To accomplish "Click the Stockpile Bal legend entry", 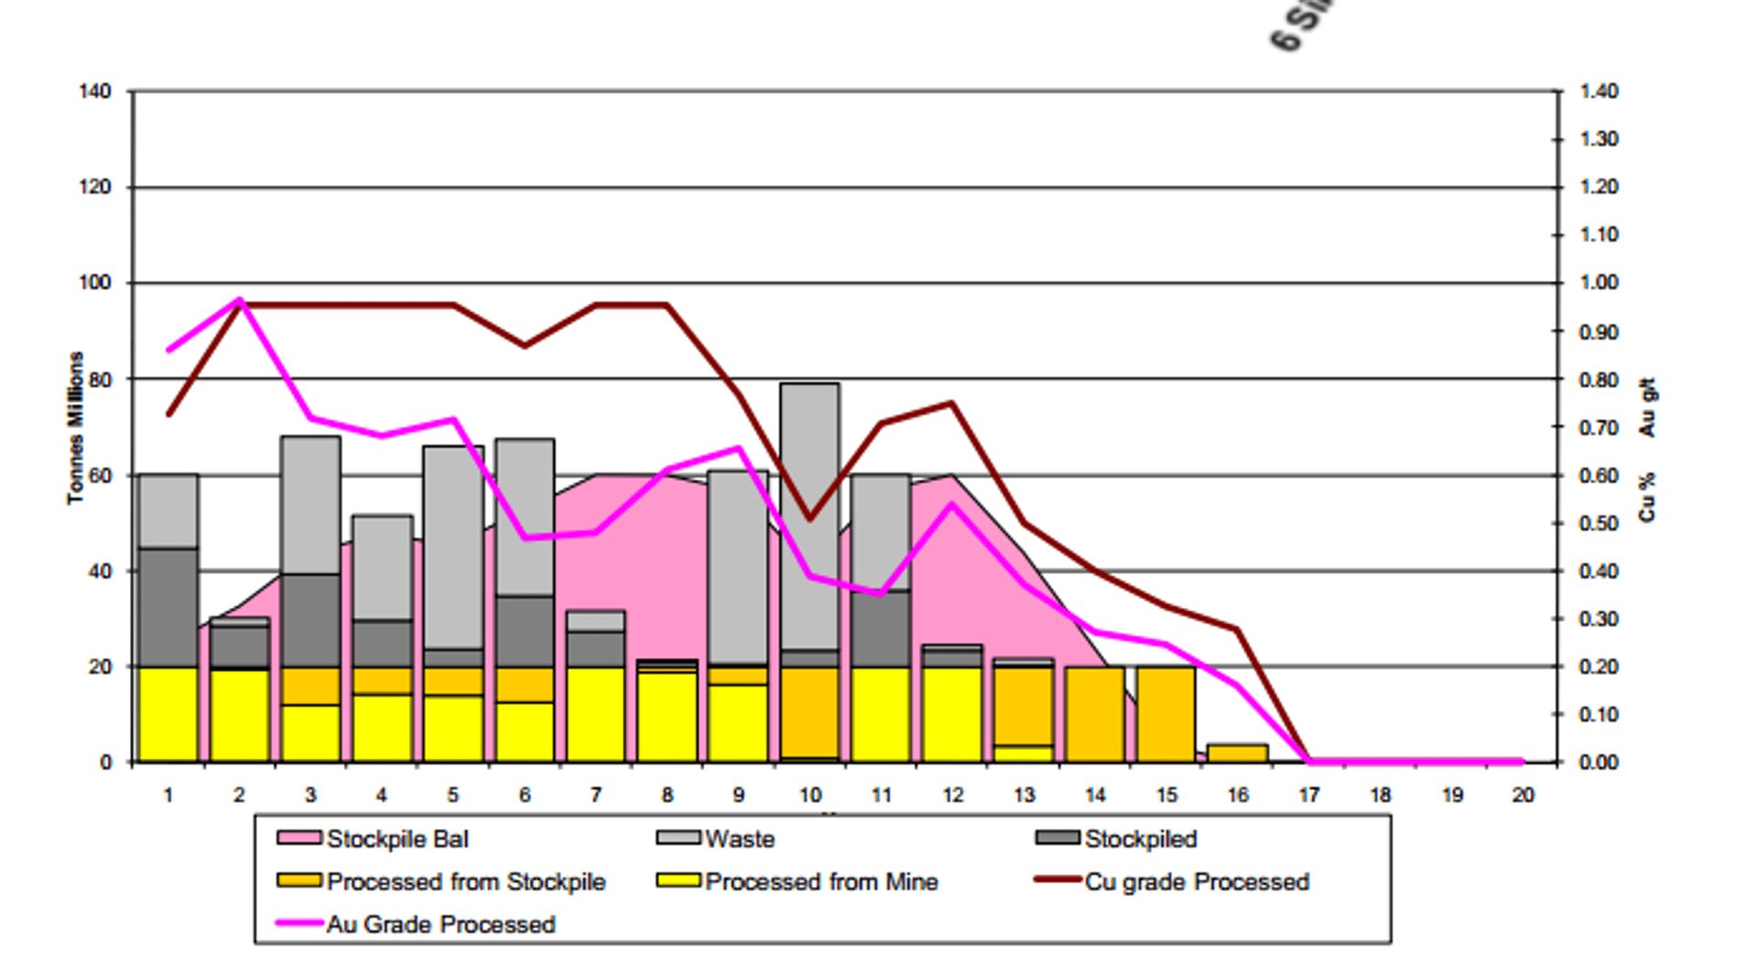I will pyautogui.click(x=397, y=839).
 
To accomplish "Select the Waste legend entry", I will pyautogui.click(x=740, y=839).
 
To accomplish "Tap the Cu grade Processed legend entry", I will pyautogui.click(x=1197, y=882).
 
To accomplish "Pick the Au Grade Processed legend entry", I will pyautogui.click(x=440, y=925).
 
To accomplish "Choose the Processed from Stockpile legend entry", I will pyautogui.click(x=465, y=882).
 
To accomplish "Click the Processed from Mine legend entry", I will pyautogui.click(x=821, y=882).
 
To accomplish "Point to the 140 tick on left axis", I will pyautogui.click(x=95, y=92).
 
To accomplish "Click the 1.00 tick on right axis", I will pyautogui.click(x=1599, y=283).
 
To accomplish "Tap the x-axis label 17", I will pyautogui.click(x=1309, y=795).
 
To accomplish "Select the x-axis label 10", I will pyautogui.click(x=810, y=795).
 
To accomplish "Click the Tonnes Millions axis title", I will pyautogui.click(x=75, y=427).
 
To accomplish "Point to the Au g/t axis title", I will pyautogui.click(x=1648, y=407).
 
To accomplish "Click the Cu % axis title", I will pyautogui.click(x=1648, y=497).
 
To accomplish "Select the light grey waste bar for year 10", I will pyautogui.click(x=810, y=513).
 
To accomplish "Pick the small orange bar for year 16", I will pyautogui.click(x=1238, y=753).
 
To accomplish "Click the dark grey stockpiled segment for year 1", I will pyautogui.click(x=168, y=607).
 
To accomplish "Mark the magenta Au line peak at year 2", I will pyautogui.click(x=240, y=300).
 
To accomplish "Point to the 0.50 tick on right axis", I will pyautogui.click(x=1599, y=523).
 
